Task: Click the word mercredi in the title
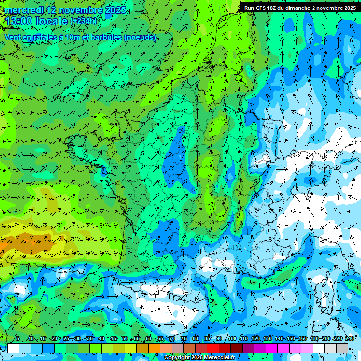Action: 23,10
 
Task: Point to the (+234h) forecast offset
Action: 84,21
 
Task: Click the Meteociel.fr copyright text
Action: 200,358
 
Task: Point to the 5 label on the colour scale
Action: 18,339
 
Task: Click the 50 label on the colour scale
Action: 125,339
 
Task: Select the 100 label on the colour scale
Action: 232,339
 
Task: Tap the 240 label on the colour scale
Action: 350,339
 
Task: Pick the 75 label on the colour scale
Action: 184,339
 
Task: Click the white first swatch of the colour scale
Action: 13,348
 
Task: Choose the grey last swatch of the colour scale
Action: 342,348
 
